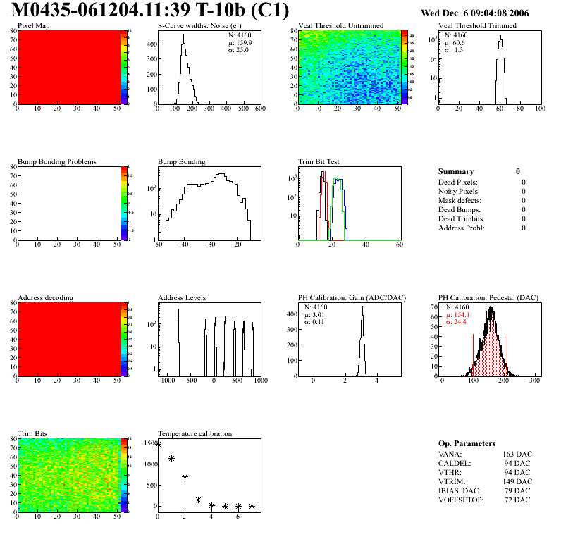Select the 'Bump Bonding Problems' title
coord(57,162)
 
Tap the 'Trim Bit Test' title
coord(319,162)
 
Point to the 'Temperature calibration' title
coord(195,434)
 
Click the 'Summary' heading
coord(456,171)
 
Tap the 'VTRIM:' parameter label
coord(451,481)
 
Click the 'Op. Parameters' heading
coord(467,443)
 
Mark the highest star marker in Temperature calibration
coord(158,444)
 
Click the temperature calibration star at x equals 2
coord(185,477)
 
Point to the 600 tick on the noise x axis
coord(259,109)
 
